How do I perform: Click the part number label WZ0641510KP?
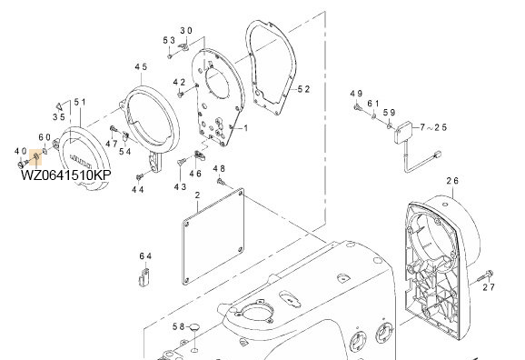[x=66, y=175]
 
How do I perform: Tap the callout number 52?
[x=303, y=89]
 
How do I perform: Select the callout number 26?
[x=452, y=181]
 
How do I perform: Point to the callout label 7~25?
[x=433, y=127]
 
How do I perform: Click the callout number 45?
[x=141, y=66]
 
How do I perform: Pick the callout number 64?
[x=145, y=256]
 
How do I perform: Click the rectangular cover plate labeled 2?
[x=213, y=236]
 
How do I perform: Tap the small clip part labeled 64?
[x=144, y=276]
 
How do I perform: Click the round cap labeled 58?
[x=193, y=326]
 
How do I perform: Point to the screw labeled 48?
[x=221, y=182]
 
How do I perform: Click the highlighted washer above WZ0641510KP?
[x=36, y=155]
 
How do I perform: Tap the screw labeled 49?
[x=358, y=107]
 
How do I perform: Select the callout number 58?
[x=178, y=326]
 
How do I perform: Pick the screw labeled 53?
[x=170, y=56]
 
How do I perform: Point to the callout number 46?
[x=195, y=174]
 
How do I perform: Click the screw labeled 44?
[x=139, y=176]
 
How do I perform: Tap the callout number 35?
[x=58, y=117]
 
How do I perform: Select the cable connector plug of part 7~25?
[x=437, y=155]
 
